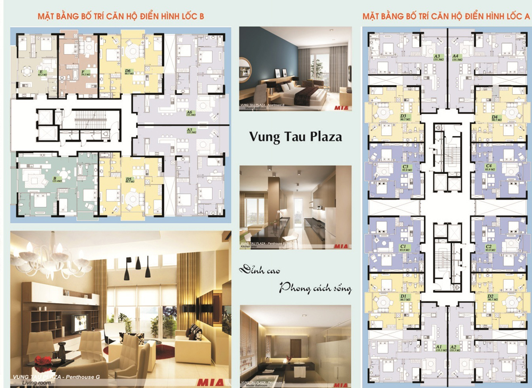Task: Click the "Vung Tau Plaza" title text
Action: tap(296, 137)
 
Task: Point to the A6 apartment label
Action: tap(189, 113)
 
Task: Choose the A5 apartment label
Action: tap(189, 130)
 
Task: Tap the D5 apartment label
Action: tap(128, 179)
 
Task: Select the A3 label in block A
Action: tap(437, 56)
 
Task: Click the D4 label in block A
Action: tap(495, 117)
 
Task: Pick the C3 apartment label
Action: tap(405, 167)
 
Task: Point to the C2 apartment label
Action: tap(488, 247)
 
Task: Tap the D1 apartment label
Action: tap(403, 296)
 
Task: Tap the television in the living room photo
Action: tap(79, 321)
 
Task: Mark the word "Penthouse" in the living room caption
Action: tap(77, 377)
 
